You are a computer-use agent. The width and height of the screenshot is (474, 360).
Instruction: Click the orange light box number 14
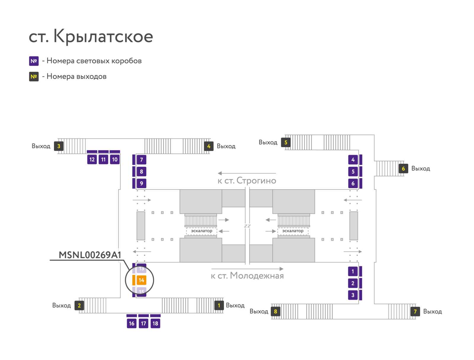(141, 280)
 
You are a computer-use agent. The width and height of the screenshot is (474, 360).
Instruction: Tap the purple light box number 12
(92, 160)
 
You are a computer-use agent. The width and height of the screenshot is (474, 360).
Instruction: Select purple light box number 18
(155, 323)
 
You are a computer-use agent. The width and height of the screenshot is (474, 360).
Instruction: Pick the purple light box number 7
(141, 160)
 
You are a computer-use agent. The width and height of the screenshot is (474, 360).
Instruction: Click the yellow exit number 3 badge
(59, 146)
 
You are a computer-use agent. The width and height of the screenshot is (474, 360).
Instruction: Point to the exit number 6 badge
(403, 168)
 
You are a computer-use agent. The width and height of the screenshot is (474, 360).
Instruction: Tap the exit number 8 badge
(276, 311)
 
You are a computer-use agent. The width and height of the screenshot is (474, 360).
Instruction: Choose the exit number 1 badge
(219, 305)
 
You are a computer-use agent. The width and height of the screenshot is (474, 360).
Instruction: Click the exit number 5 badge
(286, 142)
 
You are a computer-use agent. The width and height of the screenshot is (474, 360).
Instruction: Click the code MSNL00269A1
(90, 255)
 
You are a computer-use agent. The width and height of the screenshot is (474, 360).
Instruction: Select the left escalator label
(201, 231)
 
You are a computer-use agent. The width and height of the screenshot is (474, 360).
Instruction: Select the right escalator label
(293, 231)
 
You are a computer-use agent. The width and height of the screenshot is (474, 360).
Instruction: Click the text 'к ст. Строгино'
(247, 181)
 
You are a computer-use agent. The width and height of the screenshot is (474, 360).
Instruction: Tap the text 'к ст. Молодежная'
(247, 276)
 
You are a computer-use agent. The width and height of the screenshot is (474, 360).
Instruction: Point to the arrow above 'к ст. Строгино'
(247, 173)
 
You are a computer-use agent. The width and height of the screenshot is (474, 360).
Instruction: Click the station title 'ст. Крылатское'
(91, 36)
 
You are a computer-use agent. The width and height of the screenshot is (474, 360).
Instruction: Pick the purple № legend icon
(34, 61)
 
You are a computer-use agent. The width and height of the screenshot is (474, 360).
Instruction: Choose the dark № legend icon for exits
(34, 77)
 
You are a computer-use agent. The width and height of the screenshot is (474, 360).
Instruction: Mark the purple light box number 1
(353, 271)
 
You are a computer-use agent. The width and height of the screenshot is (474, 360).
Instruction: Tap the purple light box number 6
(353, 184)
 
